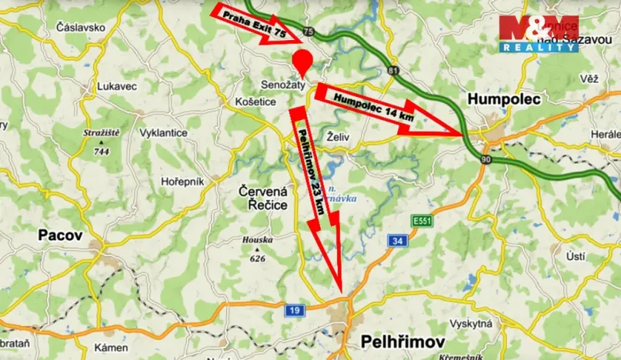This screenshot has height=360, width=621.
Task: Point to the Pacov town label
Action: coord(58,236)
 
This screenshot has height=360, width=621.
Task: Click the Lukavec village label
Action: coord(116,88)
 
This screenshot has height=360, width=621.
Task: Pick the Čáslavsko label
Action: coord(81,27)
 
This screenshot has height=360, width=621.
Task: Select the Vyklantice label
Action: coord(162,132)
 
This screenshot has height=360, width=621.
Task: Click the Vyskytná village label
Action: coord(471,324)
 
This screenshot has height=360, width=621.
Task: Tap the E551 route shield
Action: coord(421,220)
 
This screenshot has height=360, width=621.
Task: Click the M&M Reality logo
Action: coord(538,33)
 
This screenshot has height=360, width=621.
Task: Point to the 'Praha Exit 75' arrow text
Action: coord(254,25)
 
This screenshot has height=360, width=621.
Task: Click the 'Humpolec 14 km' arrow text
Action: coord(365,107)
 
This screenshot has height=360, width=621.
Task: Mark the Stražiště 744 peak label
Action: coord(102,142)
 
